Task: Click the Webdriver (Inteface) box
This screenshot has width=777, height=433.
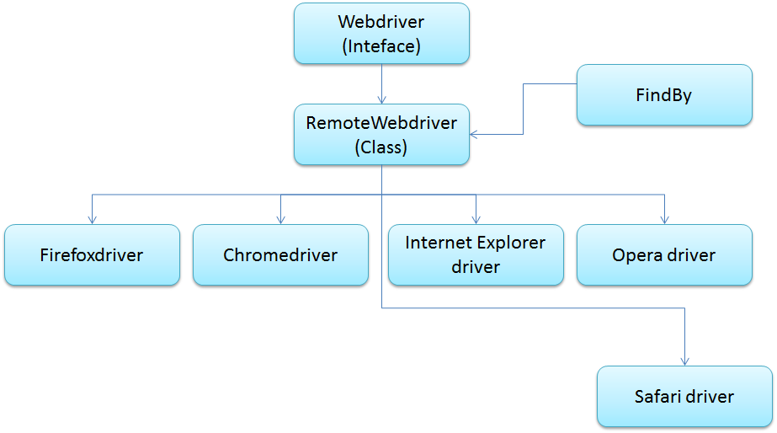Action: pos(381,33)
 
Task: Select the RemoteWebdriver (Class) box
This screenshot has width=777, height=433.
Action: pos(381,134)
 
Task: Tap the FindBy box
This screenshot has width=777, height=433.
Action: pos(663,95)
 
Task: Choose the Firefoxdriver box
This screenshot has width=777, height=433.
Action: pos(92,254)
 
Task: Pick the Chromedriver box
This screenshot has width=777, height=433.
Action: pos(280,254)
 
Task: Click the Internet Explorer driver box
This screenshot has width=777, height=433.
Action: pos(476,254)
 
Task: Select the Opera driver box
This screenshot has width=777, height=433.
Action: pos(664,254)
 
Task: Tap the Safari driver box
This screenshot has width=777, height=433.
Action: pos(684,396)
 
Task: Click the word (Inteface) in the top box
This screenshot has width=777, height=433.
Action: pos(381,46)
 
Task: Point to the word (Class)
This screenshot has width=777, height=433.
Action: pos(381,147)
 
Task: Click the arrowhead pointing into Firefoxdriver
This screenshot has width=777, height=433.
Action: pos(92,219)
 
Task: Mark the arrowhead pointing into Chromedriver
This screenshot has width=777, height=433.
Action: pos(280,219)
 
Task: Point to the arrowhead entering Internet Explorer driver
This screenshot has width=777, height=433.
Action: pos(476,219)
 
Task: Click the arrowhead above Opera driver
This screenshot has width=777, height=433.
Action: pos(664,219)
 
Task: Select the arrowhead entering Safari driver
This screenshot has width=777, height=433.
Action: pos(684,361)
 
